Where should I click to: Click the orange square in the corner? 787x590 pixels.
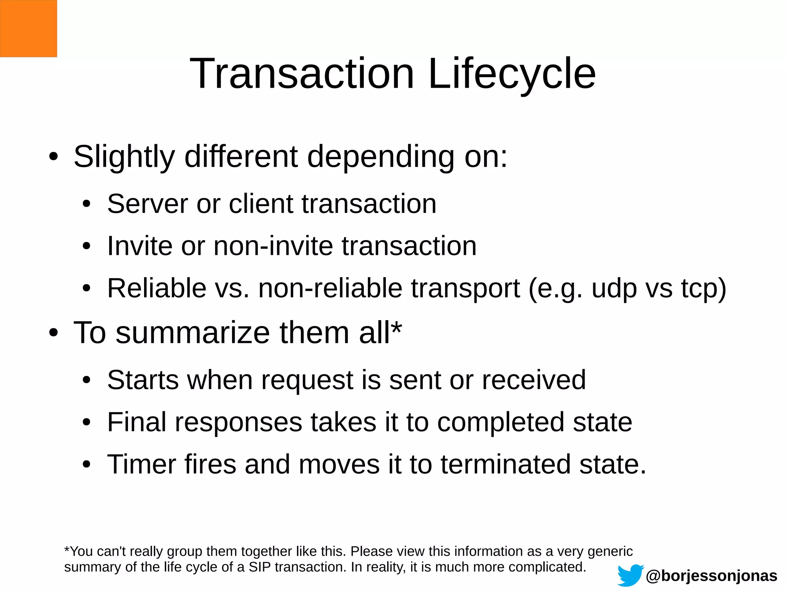coord(28,28)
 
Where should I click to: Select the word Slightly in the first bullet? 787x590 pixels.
coord(124,157)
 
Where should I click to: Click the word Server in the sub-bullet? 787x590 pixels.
coord(148,204)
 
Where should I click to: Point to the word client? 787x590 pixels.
coord(261,204)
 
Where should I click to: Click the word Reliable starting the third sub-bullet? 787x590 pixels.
coord(157,288)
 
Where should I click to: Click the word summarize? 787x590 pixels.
coord(193,333)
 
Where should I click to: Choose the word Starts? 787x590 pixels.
coord(143,380)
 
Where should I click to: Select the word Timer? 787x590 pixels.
coord(141,464)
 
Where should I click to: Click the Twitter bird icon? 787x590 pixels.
coord(630,575)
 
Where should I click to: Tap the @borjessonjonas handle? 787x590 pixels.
coord(712,576)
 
